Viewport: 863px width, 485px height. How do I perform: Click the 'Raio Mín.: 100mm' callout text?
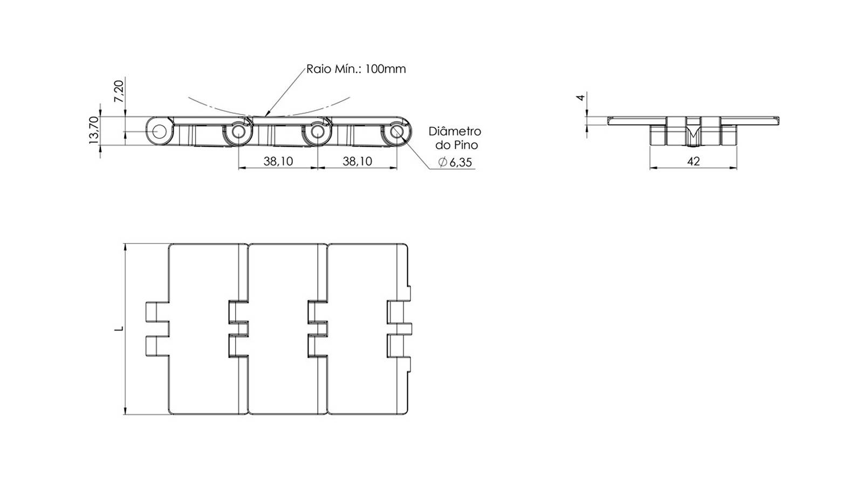[356, 70]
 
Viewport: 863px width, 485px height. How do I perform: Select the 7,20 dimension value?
[119, 91]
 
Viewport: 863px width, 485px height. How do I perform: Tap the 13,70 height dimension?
[94, 130]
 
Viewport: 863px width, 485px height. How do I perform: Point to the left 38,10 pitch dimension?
[278, 161]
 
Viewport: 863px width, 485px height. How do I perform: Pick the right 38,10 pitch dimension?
[358, 161]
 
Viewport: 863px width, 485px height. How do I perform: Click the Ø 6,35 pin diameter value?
[455, 162]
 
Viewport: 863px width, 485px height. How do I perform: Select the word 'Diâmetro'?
[455, 131]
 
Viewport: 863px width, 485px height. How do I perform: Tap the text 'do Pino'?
[456, 145]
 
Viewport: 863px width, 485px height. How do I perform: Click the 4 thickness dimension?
[580, 98]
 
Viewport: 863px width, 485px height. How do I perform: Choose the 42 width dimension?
[693, 161]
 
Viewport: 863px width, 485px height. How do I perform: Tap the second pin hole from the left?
[238, 132]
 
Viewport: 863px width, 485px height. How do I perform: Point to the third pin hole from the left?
[318, 132]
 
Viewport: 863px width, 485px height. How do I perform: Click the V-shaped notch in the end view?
[693, 135]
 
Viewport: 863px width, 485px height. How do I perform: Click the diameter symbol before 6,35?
[443, 162]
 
